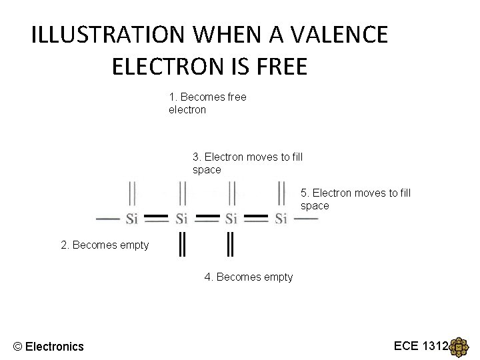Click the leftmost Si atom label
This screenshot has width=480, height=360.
[x=131, y=219]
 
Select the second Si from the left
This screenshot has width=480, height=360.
[x=182, y=219]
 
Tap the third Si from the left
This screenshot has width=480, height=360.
[x=231, y=219]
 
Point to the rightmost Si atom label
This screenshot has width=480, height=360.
[x=281, y=219]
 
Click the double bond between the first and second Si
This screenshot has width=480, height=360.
[x=156, y=217]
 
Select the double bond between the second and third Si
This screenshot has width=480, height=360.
[x=207, y=217]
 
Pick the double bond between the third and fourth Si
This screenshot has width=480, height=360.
[x=257, y=217]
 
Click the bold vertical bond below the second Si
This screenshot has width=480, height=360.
[x=181, y=244]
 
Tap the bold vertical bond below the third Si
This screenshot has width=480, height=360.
[x=231, y=244]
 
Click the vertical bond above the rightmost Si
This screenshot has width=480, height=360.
[x=281, y=194]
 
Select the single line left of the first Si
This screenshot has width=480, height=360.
[x=108, y=219]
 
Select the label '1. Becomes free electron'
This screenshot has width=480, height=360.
[x=207, y=103]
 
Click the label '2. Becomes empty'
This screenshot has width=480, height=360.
[x=105, y=245]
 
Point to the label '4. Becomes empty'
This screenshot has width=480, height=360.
[x=248, y=277]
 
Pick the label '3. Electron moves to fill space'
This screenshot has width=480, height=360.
[x=247, y=163]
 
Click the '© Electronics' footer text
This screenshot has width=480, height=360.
[x=49, y=346]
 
